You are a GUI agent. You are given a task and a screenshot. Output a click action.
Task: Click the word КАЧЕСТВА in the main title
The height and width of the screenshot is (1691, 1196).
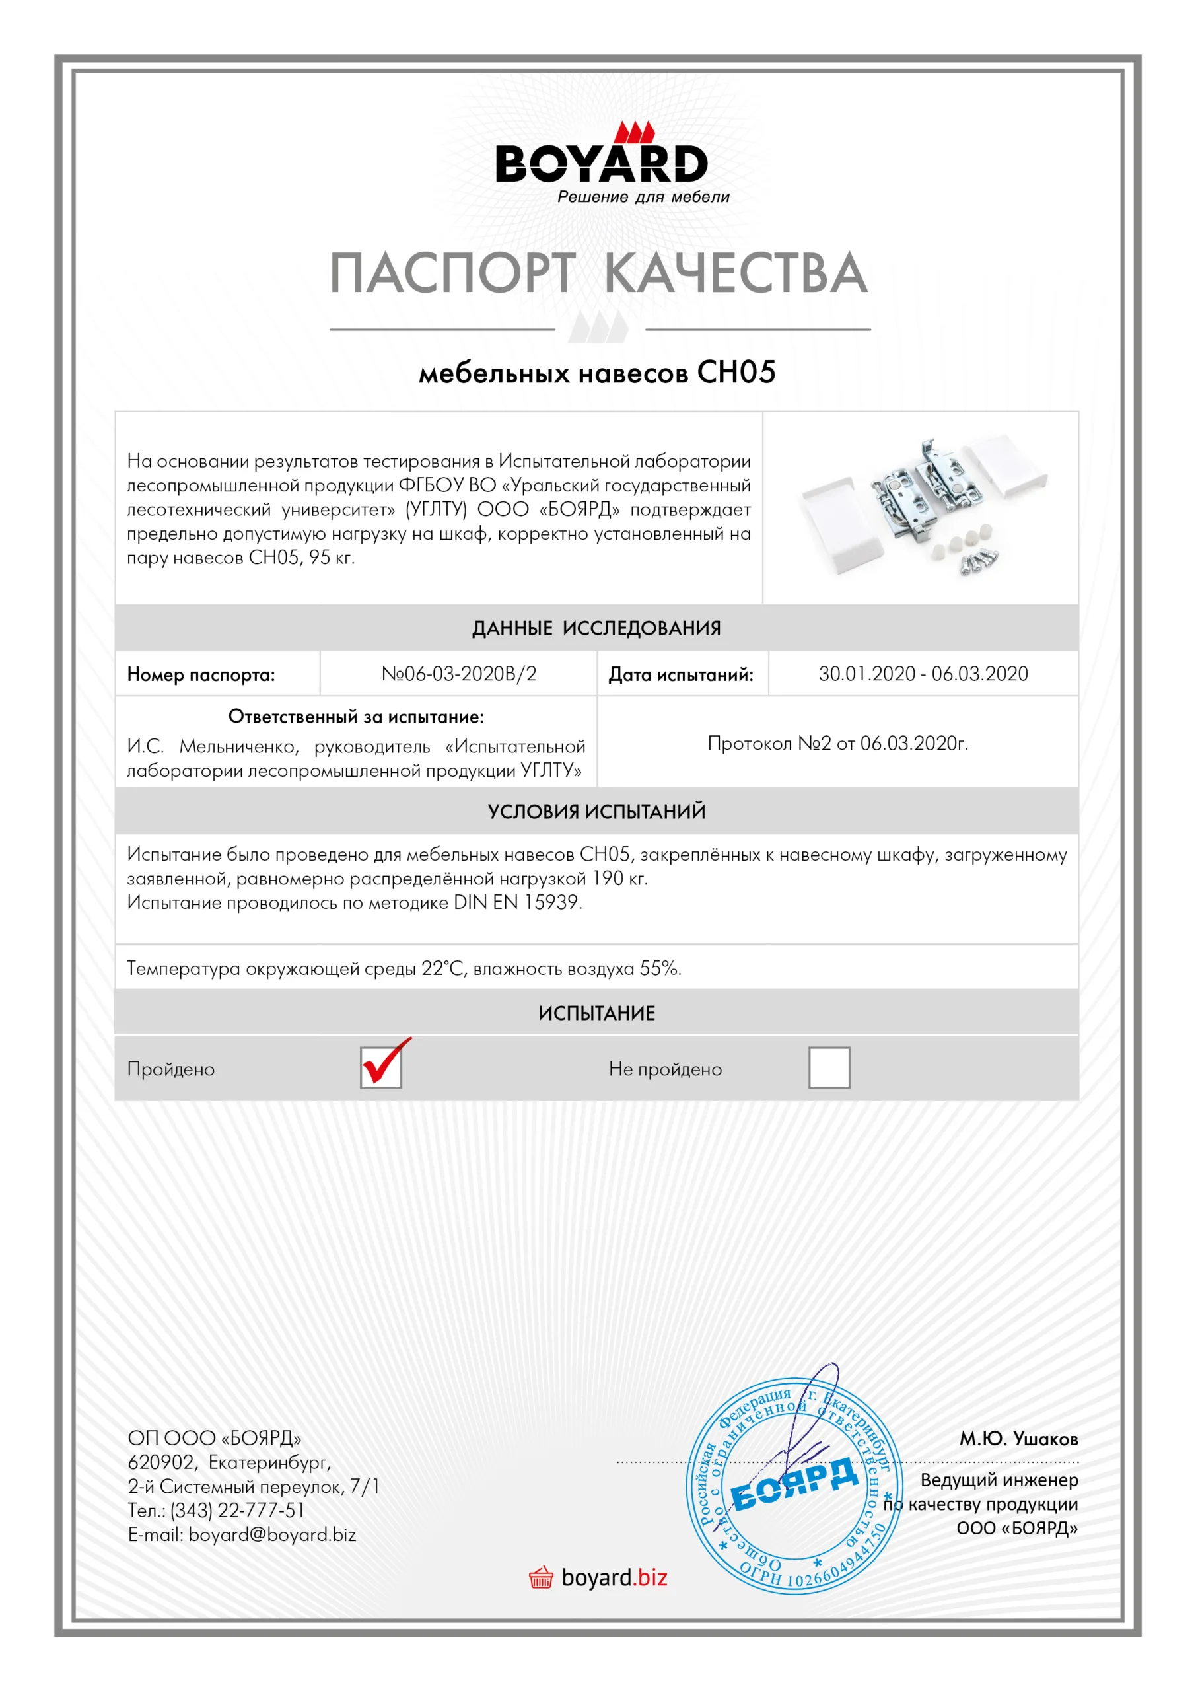pyautogui.click(x=736, y=273)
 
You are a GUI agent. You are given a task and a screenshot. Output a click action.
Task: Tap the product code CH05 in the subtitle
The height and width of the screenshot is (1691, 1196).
pyautogui.click(x=736, y=372)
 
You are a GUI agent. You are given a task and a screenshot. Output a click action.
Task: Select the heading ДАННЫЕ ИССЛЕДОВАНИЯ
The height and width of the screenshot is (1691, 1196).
pyautogui.click(x=596, y=628)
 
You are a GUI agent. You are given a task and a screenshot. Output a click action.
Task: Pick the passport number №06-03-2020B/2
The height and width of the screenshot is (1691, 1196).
pyautogui.click(x=459, y=674)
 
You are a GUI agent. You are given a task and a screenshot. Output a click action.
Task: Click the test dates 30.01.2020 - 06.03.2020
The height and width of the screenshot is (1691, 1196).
pyautogui.click(x=923, y=674)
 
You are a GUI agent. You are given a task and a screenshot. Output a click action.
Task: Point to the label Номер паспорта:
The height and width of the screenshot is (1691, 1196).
pyautogui.click(x=201, y=674)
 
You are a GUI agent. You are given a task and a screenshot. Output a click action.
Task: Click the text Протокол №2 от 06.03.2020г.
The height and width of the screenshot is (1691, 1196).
pyautogui.click(x=837, y=743)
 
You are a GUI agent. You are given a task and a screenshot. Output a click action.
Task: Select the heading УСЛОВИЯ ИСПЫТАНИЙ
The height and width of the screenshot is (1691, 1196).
pyautogui.click(x=596, y=812)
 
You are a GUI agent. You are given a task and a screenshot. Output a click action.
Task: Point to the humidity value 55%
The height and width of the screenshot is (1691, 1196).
pyautogui.click(x=660, y=968)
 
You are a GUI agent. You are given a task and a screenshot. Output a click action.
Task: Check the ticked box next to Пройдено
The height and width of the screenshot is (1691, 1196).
pyautogui.click(x=381, y=1067)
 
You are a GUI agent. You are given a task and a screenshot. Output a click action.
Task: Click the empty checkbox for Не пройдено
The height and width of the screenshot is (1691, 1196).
pyautogui.click(x=829, y=1067)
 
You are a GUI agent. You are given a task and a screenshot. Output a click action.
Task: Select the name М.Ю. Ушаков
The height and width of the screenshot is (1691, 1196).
pyautogui.click(x=1018, y=1439)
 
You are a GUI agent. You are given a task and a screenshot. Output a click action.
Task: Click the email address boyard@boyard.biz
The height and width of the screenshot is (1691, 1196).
pyautogui.click(x=271, y=1535)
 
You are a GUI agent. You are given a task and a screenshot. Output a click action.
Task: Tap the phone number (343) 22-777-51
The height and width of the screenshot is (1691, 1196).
pyautogui.click(x=237, y=1511)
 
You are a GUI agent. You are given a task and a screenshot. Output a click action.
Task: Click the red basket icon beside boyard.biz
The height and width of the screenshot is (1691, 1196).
pyautogui.click(x=541, y=1577)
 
